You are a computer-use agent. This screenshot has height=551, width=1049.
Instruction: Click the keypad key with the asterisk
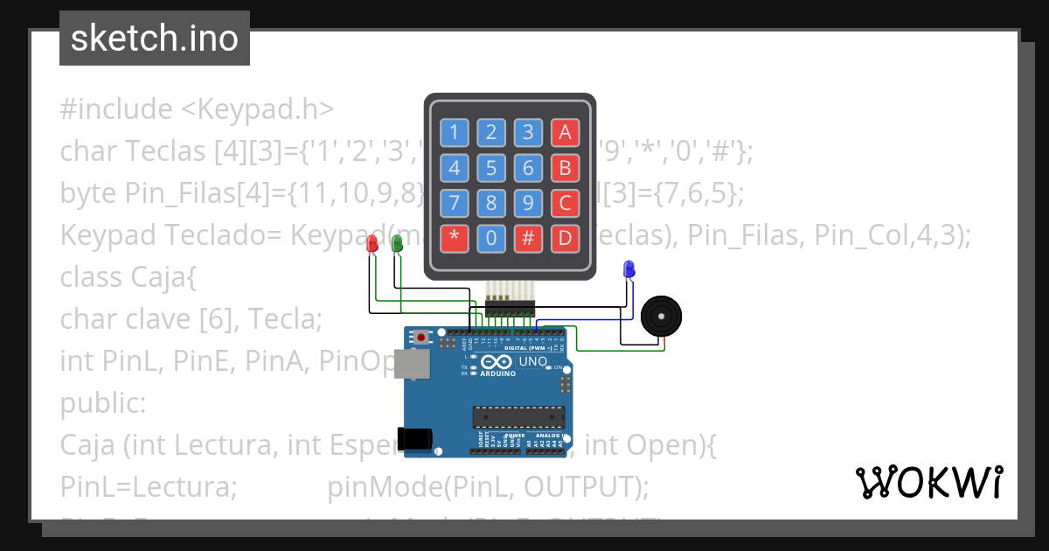tap(454, 238)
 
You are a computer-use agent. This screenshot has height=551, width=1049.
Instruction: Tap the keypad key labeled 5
tap(491, 167)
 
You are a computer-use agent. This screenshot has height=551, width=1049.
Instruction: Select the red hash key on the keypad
tap(528, 238)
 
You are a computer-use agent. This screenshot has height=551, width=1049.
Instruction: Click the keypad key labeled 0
tap(491, 238)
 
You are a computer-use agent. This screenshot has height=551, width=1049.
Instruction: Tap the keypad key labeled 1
tap(454, 132)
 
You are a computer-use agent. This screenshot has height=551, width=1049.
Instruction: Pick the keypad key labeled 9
tap(528, 203)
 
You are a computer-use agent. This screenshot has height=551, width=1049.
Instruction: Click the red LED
tap(372, 244)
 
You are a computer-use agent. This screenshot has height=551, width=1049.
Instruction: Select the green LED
tap(397, 244)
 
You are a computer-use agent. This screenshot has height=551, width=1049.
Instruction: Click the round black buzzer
tap(660, 316)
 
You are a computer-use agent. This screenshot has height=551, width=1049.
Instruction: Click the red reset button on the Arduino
tap(423, 337)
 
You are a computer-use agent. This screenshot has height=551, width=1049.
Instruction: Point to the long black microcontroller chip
tap(518, 419)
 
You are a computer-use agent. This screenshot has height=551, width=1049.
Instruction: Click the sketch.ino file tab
tap(155, 38)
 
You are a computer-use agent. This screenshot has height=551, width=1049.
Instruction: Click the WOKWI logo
tap(928, 482)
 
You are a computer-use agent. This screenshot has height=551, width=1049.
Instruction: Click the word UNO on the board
tap(533, 361)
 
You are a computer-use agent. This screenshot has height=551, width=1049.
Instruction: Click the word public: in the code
tap(103, 405)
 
